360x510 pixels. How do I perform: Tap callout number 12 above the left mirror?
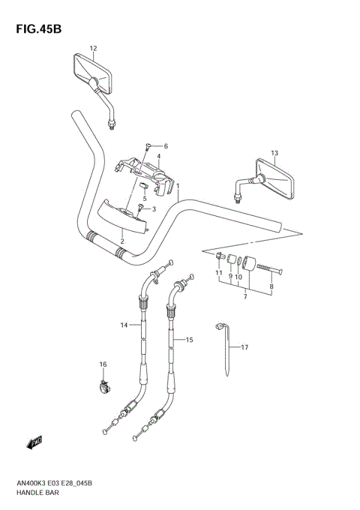point(93,49)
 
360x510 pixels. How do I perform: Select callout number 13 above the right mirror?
point(274,153)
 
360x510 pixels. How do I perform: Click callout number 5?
point(145,199)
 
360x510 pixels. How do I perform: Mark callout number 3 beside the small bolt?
point(153,209)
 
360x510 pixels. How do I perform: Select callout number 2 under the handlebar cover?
point(122,241)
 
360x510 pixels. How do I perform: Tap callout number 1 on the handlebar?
point(177,186)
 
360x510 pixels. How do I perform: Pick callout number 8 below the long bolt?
point(271,286)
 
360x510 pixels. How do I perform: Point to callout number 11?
point(220,275)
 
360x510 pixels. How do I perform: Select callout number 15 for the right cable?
point(190,340)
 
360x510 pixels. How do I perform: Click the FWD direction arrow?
point(34,443)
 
